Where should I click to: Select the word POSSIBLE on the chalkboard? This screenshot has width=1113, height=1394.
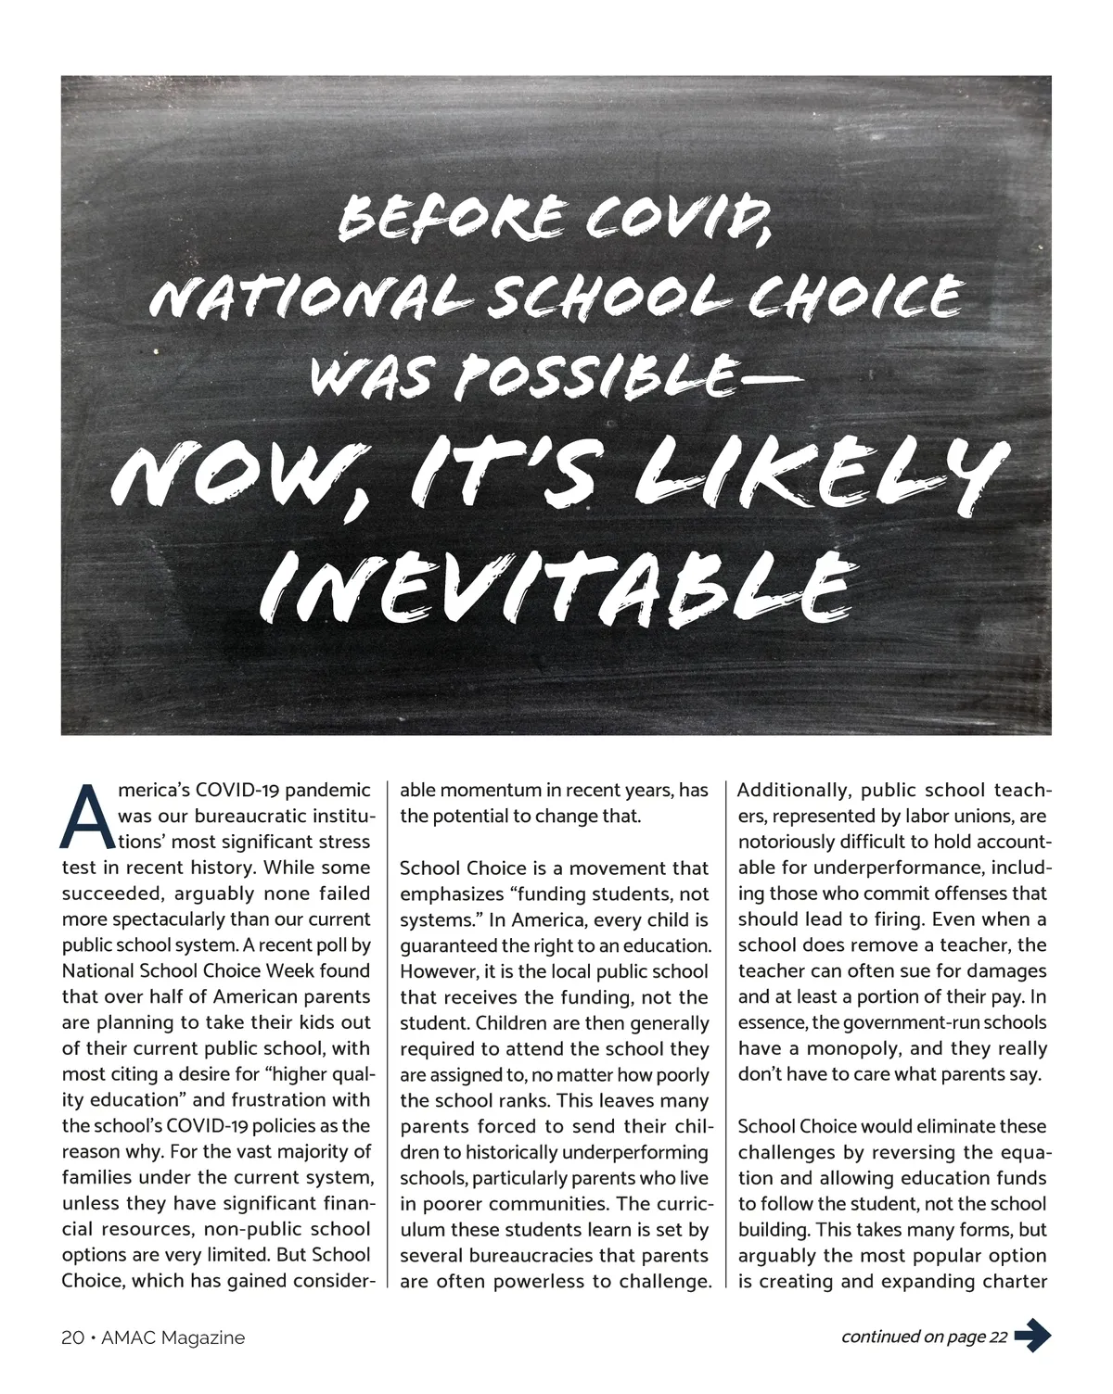coord(601,374)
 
